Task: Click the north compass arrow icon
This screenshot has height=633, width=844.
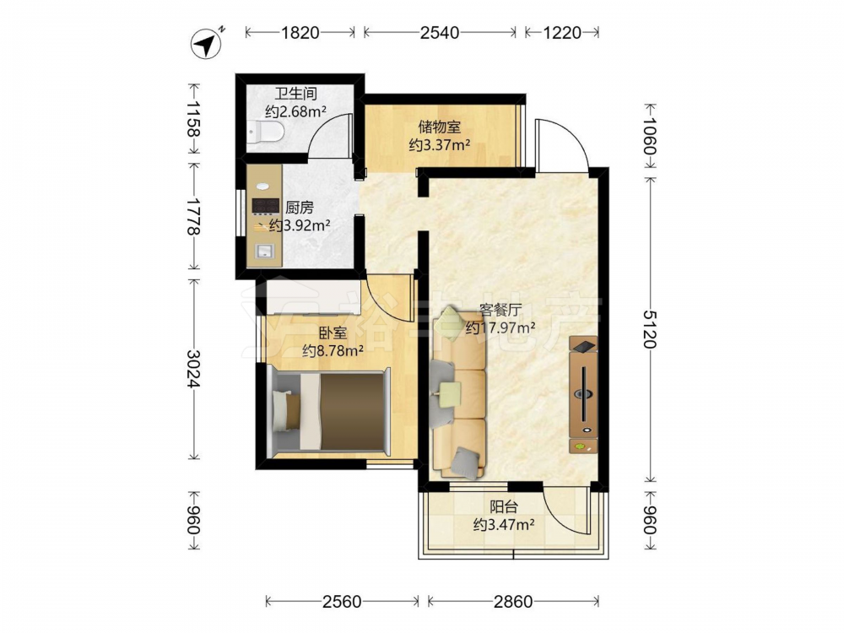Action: (208, 43)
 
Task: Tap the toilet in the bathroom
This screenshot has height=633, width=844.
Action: (266, 133)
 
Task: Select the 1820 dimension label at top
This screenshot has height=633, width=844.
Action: (300, 33)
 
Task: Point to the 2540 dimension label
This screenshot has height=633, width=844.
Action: (440, 33)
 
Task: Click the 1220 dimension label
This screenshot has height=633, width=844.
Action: (562, 33)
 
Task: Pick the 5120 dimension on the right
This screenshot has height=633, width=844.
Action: (650, 329)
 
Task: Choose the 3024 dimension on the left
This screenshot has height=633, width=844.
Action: (193, 369)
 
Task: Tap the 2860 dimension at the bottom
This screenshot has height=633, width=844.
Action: (513, 601)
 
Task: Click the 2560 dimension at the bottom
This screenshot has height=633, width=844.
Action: (343, 601)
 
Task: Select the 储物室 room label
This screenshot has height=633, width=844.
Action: (440, 127)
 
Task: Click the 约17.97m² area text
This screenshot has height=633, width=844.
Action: (500, 327)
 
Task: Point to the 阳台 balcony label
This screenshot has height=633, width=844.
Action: (504, 507)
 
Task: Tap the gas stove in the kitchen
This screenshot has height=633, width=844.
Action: (265, 206)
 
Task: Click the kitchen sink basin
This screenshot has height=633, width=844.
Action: (264, 251)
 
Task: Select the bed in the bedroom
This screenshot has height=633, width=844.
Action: (329, 411)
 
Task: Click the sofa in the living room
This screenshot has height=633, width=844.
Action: (458, 393)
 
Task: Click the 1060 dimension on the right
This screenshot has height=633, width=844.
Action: (650, 136)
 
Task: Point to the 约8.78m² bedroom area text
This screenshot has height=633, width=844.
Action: (333, 351)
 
